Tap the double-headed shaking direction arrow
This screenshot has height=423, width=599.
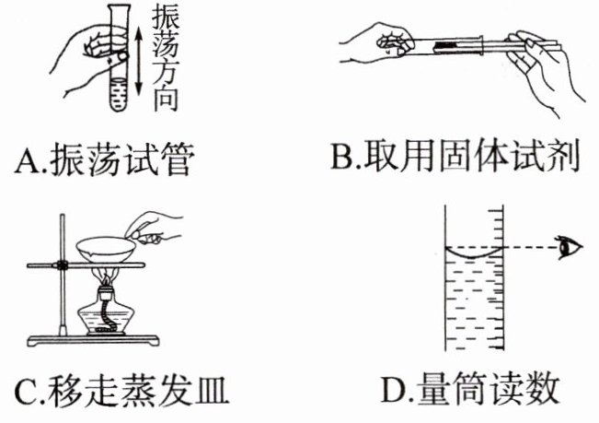click(x=138, y=60)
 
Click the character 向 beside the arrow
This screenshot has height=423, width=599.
click(x=160, y=100)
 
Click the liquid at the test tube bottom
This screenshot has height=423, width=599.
click(x=118, y=95)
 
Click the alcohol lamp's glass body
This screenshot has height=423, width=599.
click(x=108, y=319)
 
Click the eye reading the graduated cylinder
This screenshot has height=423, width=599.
click(x=570, y=248)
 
